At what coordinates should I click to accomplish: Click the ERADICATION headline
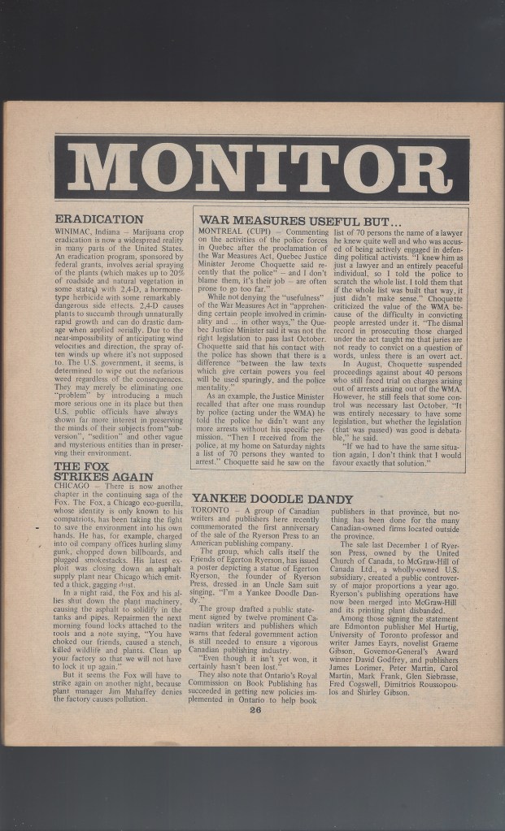click(x=99, y=219)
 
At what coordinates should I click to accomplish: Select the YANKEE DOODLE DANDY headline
click(x=273, y=499)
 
